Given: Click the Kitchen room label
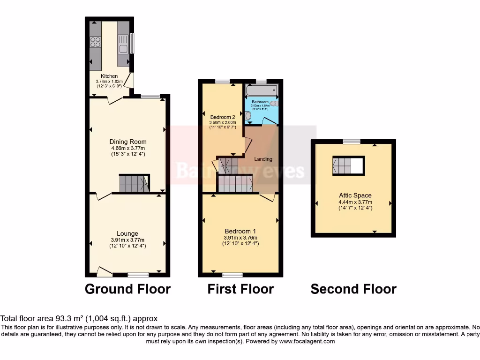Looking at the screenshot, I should pos(109,76).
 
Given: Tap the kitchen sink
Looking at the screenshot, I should pos(123,48).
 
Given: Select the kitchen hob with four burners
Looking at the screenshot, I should pos(95,42).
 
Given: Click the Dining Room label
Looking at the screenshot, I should pos(128,142).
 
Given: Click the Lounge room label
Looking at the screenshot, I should pos(127,233).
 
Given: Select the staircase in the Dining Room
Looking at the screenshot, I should pos(134,183).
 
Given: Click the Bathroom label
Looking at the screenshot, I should pos(260,102).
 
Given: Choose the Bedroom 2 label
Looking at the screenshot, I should pos(223,117).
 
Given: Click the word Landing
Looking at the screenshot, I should pos(263,159).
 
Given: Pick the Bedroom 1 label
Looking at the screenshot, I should pos(240,231).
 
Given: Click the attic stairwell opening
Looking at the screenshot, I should pos(348,165).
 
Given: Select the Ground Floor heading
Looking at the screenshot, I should pos(127,289).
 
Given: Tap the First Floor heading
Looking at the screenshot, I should pos(240,289).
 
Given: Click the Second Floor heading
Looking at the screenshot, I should pos(353,289).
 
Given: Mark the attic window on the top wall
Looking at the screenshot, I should pos(352,142).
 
